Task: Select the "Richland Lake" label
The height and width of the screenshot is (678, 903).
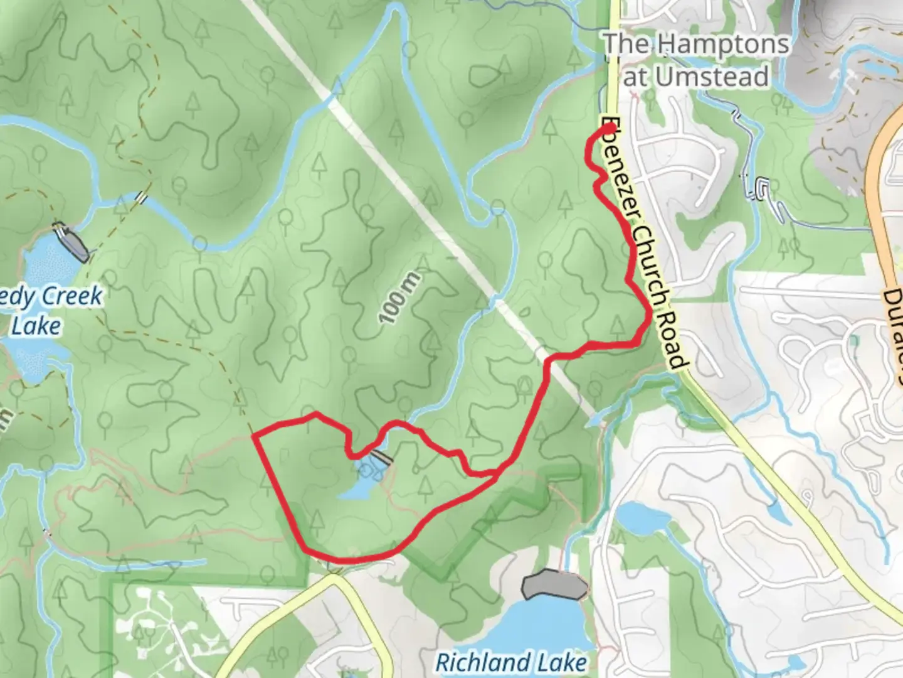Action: click(x=511, y=662)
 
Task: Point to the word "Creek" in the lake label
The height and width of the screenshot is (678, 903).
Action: click(x=73, y=296)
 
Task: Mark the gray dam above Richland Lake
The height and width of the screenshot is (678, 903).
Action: click(x=554, y=585)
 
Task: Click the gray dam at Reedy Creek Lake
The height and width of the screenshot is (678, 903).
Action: click(x=70, y=241)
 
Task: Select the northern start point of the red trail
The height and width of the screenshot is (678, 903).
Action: click(x=608, y=129)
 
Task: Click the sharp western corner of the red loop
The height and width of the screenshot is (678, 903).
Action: click(x=253, y=434)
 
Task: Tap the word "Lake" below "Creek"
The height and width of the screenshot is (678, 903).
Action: click(x=36, y=326)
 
